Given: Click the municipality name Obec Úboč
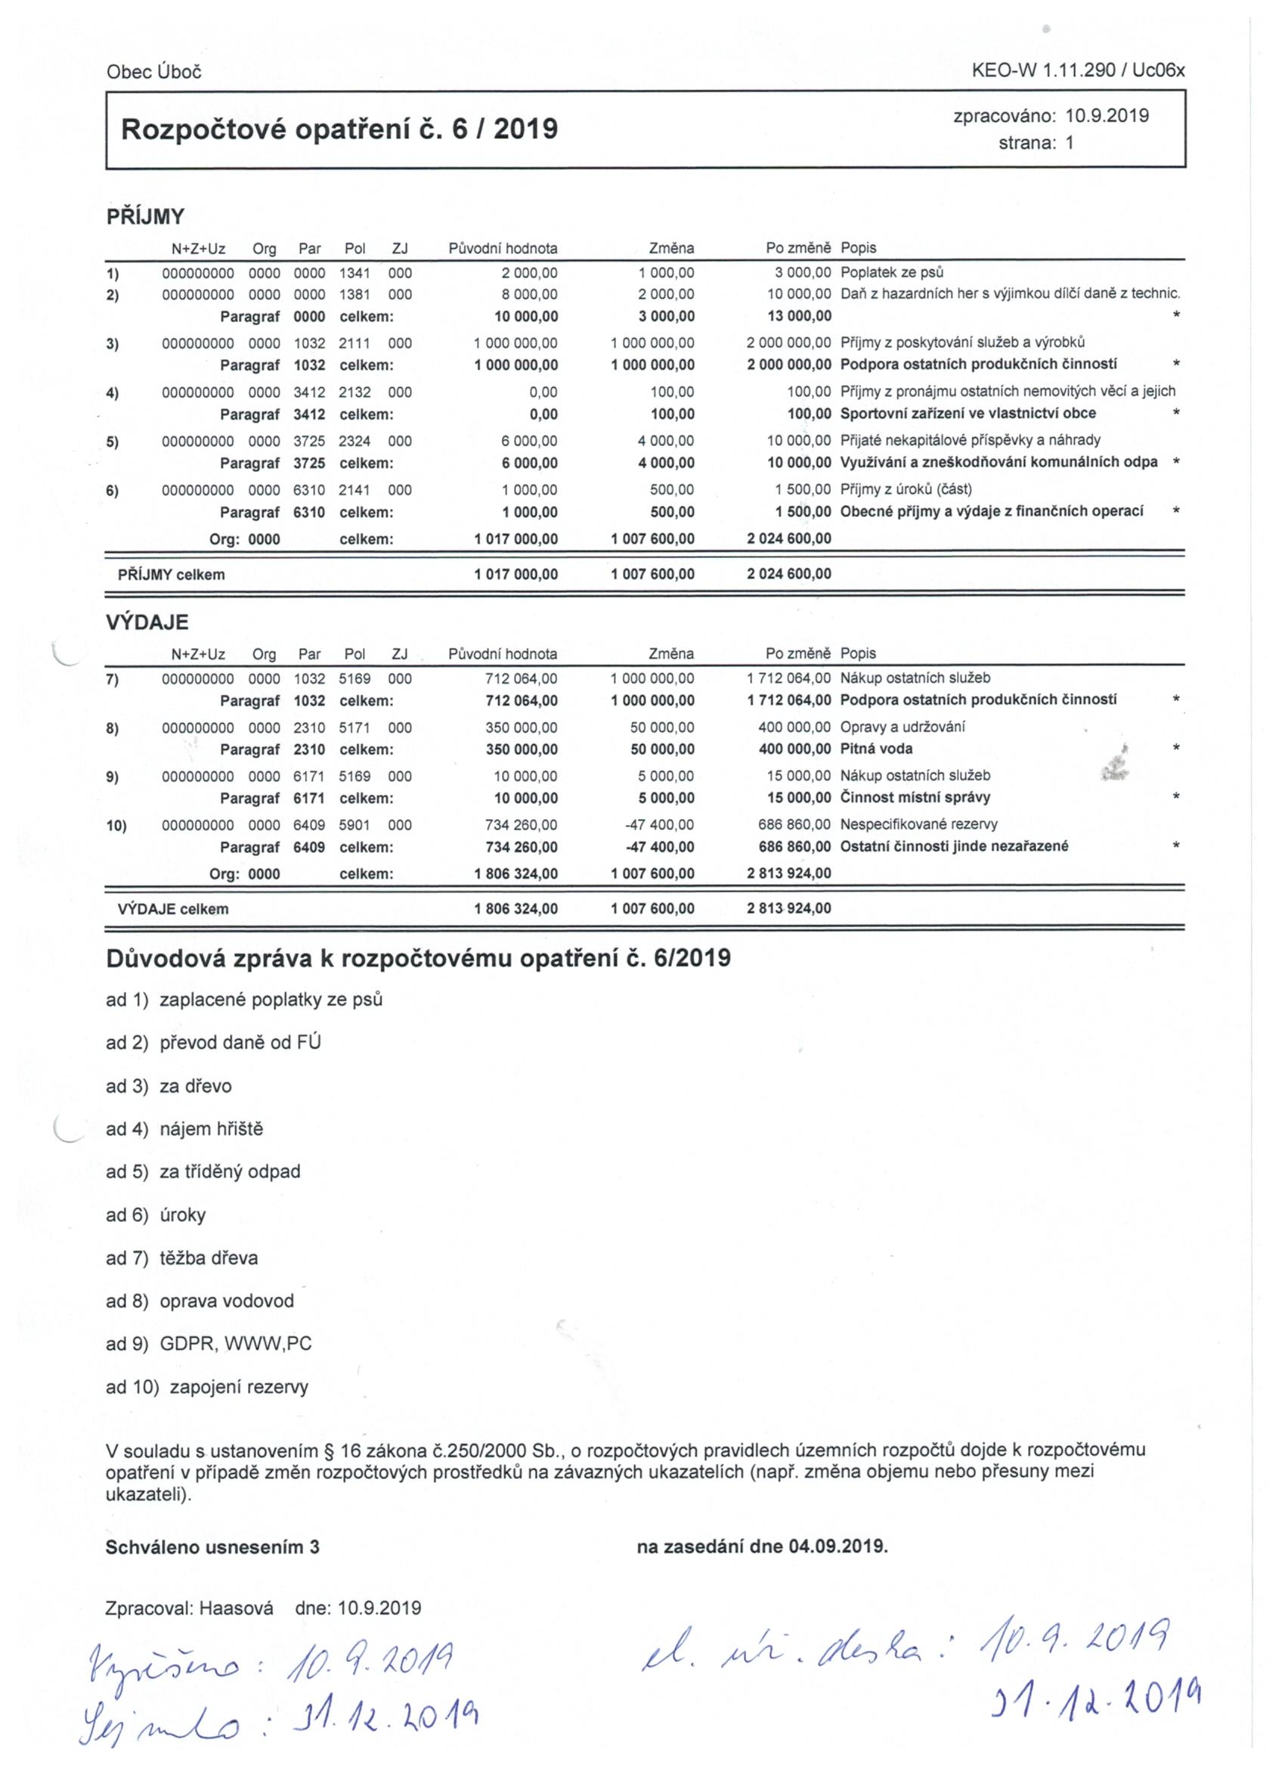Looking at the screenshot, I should coord(153,72).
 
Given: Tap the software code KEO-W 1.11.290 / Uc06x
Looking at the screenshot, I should coord(1078,70).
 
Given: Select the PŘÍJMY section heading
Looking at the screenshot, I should coord(145,217).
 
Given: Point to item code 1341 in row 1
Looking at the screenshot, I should coord(355,273).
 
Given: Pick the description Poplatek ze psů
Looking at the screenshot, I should coord(891,273).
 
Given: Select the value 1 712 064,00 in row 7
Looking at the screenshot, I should coord(788,678).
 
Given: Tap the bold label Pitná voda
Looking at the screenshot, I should coord(876,749).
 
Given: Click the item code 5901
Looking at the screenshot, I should coord(355,824).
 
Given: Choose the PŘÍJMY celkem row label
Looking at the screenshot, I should coord(171,575).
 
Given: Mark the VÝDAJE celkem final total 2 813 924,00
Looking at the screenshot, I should coord(788,908).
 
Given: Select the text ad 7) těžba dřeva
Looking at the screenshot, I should coord(181,1258).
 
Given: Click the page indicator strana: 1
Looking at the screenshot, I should coord(1036,143).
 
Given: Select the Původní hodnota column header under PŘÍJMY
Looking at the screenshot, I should coord(503,249).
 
